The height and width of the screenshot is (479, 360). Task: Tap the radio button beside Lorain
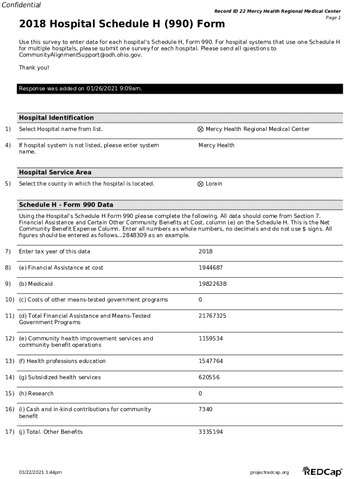[x=201, y=184]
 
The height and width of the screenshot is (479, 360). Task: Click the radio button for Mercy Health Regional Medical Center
[x=201, y=129]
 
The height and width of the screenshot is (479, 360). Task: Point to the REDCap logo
[x=322, y=472]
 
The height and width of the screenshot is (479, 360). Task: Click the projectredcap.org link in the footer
[x=269, y=472]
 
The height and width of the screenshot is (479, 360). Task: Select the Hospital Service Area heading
[x=55, y=173]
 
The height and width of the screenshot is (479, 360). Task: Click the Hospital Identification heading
[x=56, y=118]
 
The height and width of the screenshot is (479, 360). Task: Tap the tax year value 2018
[x=205, y=252]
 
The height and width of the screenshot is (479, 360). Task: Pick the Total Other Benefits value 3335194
[x=210, y=432]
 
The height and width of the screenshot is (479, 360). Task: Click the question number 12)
[x=9, y=339]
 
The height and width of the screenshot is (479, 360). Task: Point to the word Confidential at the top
[x=21, y=5]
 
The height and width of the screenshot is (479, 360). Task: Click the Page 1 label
[x=333, y=18]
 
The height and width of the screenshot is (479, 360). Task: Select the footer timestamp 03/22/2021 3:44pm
[x=40, y=472]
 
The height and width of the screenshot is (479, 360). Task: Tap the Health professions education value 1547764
[x=210, y=361]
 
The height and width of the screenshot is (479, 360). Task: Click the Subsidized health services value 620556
[x=209, y=377]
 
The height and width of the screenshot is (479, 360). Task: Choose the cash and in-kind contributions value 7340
[x=205, y=409]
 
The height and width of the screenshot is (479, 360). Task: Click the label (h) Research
[x=36, y=393]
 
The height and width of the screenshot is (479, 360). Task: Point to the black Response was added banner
[x=180, y=89]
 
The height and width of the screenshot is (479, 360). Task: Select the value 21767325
[x=212, y=316]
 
